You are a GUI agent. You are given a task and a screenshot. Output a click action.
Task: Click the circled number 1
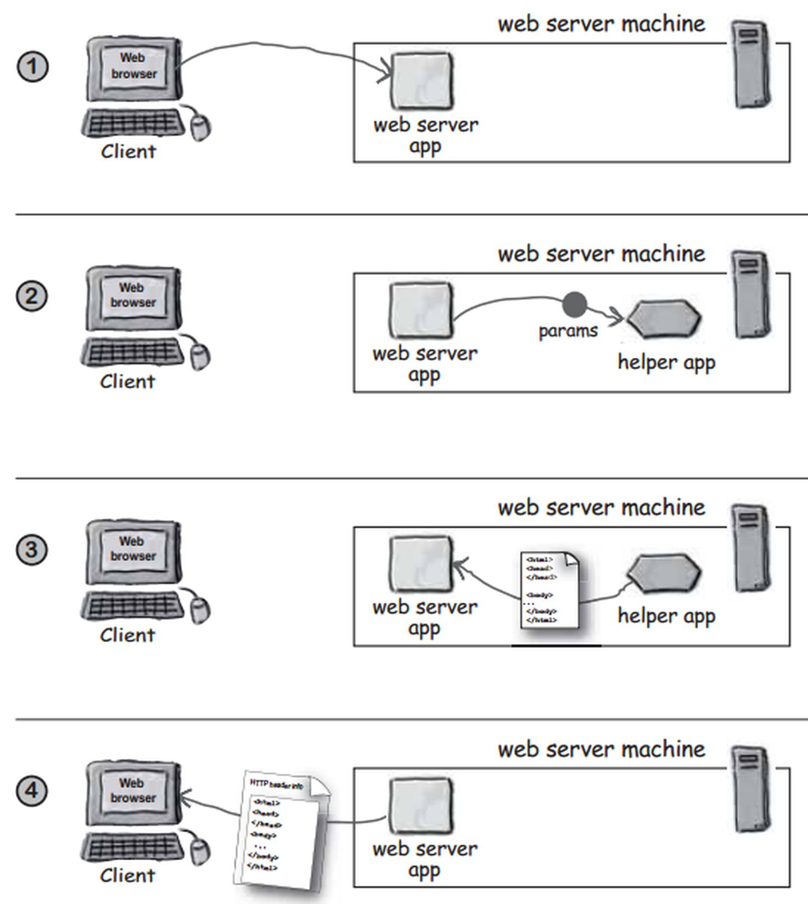(33, 67)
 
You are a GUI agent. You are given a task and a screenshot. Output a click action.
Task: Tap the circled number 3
(31, 549)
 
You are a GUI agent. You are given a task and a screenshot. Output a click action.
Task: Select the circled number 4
(31, 791)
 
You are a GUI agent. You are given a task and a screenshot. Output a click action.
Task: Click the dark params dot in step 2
(575, 305)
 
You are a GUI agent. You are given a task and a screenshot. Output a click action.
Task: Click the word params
(568, 331)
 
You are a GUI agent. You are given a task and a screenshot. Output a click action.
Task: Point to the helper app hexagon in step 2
(664, 319)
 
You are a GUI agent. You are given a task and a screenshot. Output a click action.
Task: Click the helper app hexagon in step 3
(664, 573)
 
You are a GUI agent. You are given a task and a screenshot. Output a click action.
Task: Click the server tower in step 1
(751, 65)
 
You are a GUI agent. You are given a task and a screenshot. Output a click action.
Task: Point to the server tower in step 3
(751, 548)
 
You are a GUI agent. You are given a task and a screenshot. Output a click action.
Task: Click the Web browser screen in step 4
(133, 791)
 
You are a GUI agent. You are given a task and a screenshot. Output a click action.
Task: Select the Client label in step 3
(127, 635)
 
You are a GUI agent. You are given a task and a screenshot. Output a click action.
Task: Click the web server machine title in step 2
(601, 254)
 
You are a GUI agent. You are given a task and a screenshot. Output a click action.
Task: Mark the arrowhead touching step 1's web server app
(386, 72)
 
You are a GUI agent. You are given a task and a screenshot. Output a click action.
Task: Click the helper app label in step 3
(666, 616)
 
